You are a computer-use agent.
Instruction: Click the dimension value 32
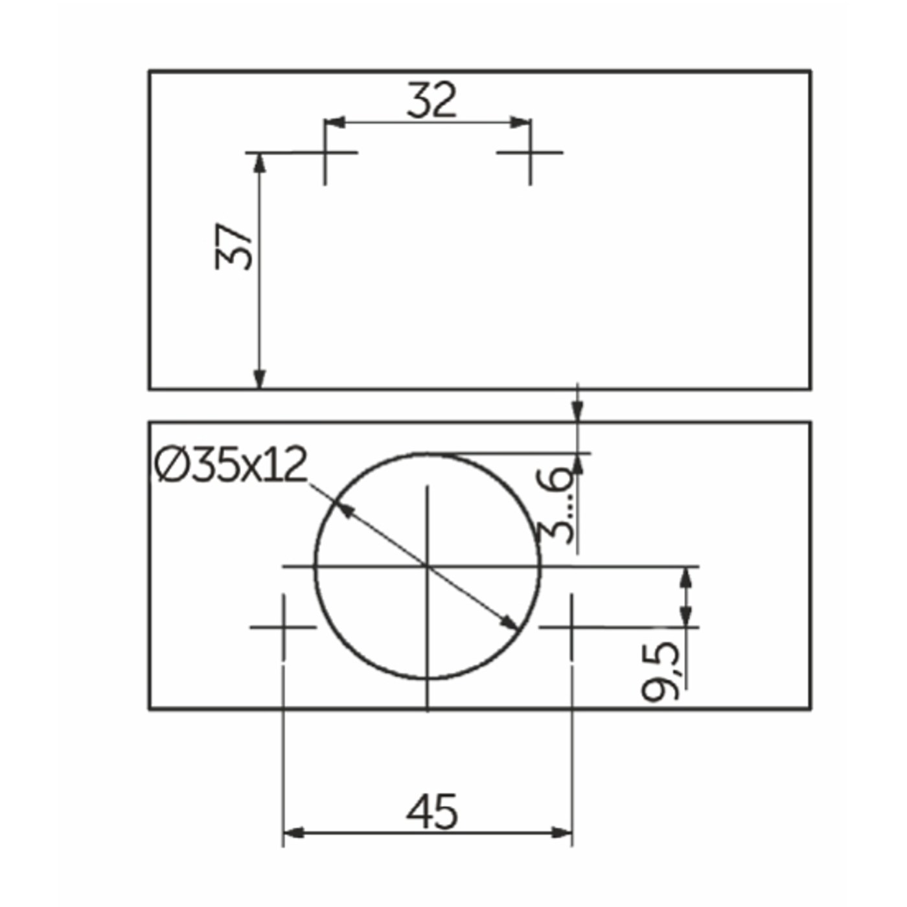(431, 100)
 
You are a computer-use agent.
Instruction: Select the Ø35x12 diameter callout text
(231, 465)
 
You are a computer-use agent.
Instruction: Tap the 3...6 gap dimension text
(556, 505)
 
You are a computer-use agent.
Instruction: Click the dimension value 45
(431, 813)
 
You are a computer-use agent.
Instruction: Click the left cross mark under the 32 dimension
(325, 152)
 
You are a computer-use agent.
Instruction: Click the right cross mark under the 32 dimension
(531, 152)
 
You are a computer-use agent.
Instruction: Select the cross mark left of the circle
(283, 627)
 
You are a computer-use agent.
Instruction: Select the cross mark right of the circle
(572, 627)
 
